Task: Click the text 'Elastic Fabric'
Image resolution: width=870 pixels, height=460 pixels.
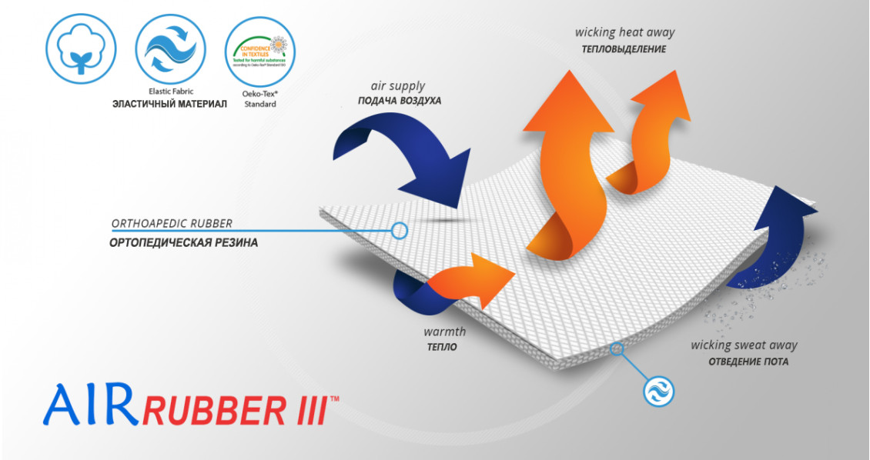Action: click(x=170, y=91)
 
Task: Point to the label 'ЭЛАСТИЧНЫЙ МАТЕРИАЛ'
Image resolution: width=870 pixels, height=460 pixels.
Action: click(x=169, y=103)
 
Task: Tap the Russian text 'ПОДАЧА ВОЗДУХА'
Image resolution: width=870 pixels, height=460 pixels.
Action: click(x=400, y=101)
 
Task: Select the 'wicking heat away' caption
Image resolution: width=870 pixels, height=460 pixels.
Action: click(x=624, y=32)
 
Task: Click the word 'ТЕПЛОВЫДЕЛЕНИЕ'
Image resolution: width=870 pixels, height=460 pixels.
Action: click(x=624, y=49)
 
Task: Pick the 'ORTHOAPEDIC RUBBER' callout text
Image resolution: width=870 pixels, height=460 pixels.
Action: click(x=172, y=225)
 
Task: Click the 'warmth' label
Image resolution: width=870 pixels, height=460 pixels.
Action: click(x=444, y=333)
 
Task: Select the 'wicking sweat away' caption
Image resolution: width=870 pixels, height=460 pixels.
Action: click(x=744, y=345)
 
